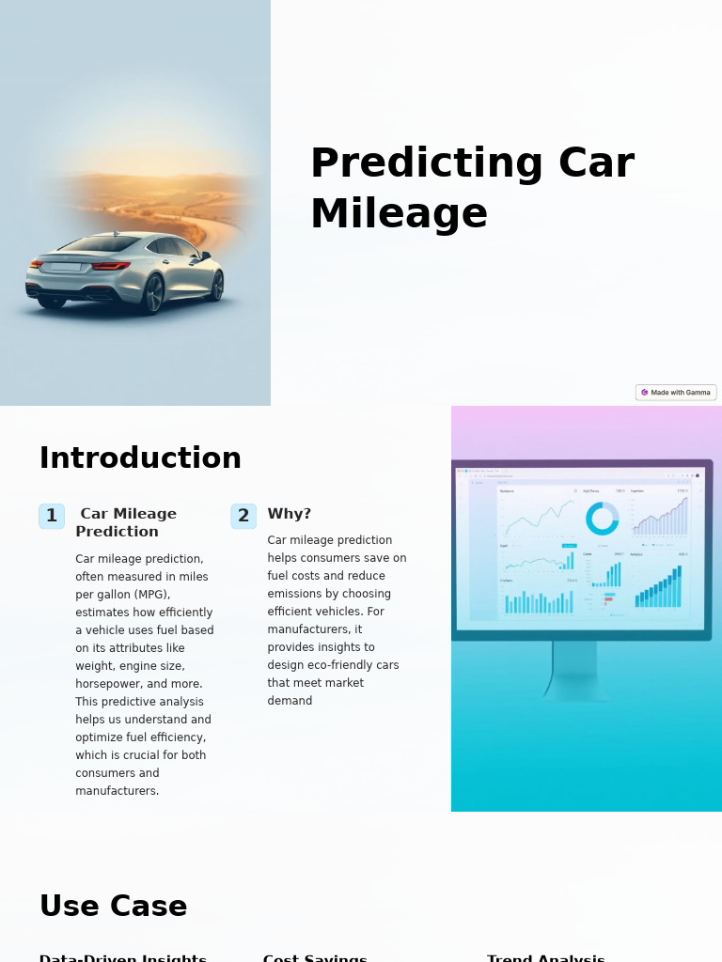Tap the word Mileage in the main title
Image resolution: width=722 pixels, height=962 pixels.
[x=399, y=213]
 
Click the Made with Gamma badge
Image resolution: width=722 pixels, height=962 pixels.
[x=676, y=393]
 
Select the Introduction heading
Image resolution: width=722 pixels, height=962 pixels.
[x=140, y=458]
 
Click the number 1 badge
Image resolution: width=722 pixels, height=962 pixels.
[x=52, y=516]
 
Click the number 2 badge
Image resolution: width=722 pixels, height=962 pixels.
[x=243, y=516]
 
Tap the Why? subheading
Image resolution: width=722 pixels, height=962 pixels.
[x=289, y=514]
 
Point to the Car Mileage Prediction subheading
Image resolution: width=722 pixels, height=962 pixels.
[x=126, y=522]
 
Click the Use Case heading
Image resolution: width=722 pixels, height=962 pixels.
[x=113, y=907]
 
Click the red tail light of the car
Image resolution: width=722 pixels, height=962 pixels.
[x=111, y=266]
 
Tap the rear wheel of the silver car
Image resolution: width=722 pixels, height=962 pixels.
[x=152, y=292]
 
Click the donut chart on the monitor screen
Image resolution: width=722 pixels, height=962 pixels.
[x=602, y=519]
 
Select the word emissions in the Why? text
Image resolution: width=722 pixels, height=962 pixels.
[x=296, y=594]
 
